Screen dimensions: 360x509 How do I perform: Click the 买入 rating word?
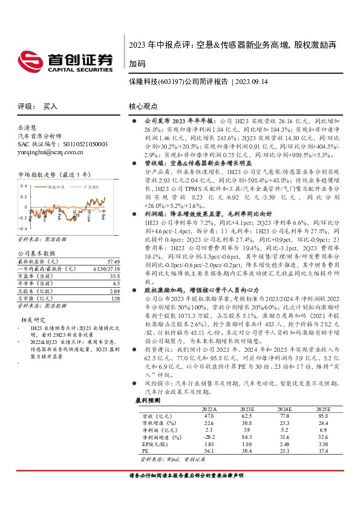coord(50,106)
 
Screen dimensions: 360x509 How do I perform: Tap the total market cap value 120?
coord(116,299)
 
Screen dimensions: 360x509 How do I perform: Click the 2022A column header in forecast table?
coord(209,409)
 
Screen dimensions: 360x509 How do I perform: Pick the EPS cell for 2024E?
coord(286,444)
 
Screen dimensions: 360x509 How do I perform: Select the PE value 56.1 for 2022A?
coord(209,451)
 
